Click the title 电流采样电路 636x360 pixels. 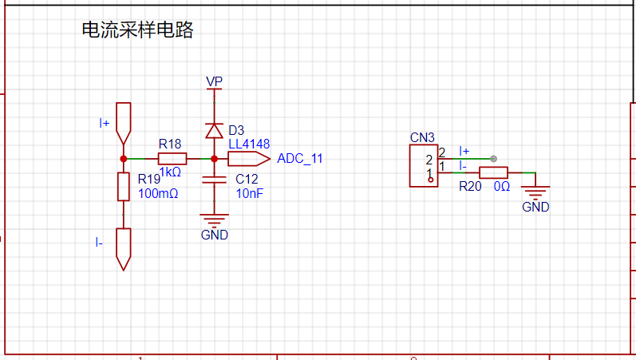tap(137, 30)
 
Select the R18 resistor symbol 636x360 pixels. tap(172, 159)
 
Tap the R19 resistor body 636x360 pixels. tap(124, 186)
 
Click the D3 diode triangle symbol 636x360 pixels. tap(214, 131)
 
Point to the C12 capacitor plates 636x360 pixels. tap(214, 180)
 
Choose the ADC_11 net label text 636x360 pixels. tap(300, 159)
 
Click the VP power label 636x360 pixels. tap(214, 81)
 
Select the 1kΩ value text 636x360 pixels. tap(170, 172)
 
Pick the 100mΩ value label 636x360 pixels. tap(158, 194)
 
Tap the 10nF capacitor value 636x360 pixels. tap(250, 194)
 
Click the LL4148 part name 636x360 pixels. tap(249, 144)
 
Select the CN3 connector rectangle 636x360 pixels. tap(424, 165)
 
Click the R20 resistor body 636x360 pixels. tap(493, 172)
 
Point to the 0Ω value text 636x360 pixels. tap(502, 187)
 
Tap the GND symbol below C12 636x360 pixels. tap(214, 221)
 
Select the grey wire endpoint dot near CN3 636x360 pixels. tap(493, 159)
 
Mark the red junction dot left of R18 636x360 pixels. tap(124, 159)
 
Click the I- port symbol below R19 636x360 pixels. tap(124, 249)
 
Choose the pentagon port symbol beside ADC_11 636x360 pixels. tap(249, 159)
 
